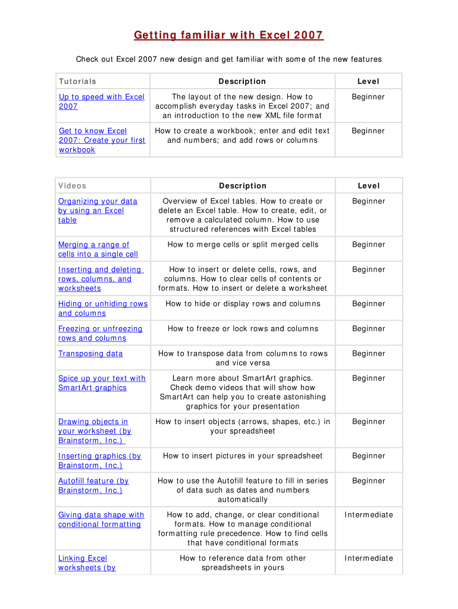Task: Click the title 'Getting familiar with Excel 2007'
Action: click(228, 36)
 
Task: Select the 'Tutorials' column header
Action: click(77, 81)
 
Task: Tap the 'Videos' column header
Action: click(73, 186)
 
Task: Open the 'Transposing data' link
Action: click(90, 354)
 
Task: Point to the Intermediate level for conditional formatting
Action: click(369, 515)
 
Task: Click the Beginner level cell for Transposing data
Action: click(368, 354)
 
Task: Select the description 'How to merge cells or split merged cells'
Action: click(243, 245)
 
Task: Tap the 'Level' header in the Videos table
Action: click(368, 186)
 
